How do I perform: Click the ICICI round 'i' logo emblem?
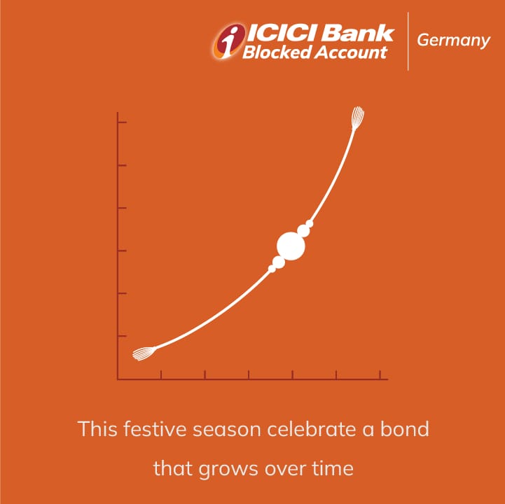pyautogui.click(x=229, y=41)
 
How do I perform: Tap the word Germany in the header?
pyautogui.click(x=453, y=41)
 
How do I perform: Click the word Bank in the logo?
pyautogui.click(x=357, y=32)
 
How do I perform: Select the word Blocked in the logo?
pyautogui.click(x=277, y=52)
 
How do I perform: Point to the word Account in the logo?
pyautogui.click(x=351, y=52)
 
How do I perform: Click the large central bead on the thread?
pyautogui.click(x=291, y=246)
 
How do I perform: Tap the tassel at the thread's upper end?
pyautogui.click(x=357, y=118)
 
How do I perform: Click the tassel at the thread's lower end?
pyautogui.click(x=144, y=353)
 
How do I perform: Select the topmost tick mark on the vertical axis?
pyautogui.click(x=123, y=122)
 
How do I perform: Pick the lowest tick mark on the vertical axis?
pyautogui.click(x=123, y=336)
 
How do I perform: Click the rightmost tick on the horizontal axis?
pyautogui.click(x=380, y=374)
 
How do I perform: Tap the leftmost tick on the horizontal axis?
pyautogui.click(x=161, y=374)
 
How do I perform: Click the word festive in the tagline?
pyautogui.click(x=155, y=429)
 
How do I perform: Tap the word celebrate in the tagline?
pyautogui.click(x=312, y=429)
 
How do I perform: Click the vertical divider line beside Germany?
pyautogui.click(x=408, y=41)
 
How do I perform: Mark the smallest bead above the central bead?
pyautogui.click(x=309, y=224)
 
